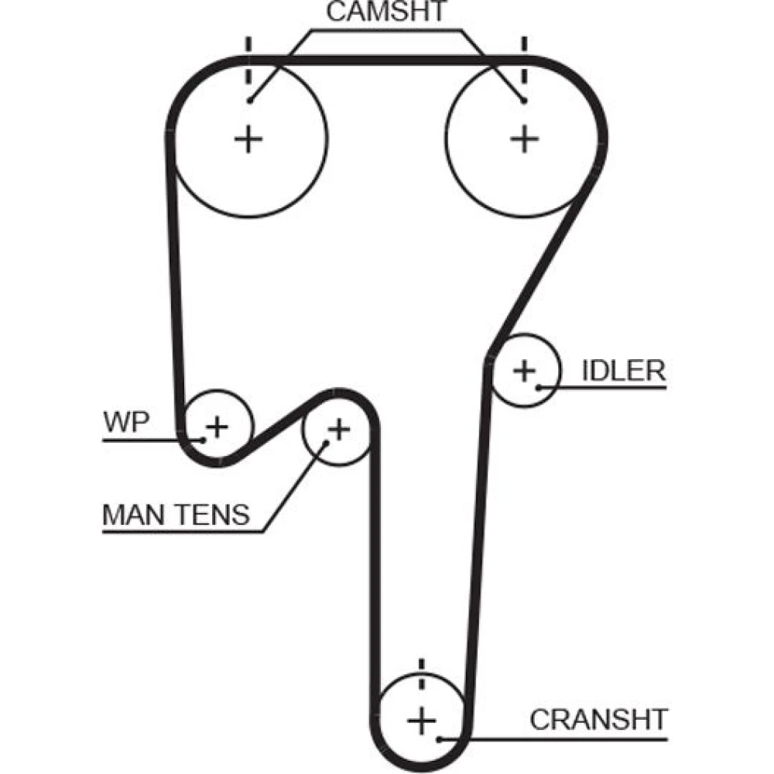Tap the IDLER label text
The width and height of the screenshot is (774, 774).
(x=623, y=370)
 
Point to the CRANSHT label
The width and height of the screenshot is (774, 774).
(x=598, y=719)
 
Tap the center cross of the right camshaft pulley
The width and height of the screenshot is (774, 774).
(x=524, y=139)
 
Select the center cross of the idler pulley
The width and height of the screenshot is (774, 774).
(x=525, y=370)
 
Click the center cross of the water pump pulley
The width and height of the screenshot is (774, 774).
(x=217, y=426)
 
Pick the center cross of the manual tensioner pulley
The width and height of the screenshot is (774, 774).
(x=338, y=427)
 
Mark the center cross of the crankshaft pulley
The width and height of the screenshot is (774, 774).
(x=422, y=721)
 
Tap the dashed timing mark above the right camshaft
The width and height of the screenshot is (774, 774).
(x=524, y=60)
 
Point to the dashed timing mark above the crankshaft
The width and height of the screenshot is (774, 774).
(x=422, y=675)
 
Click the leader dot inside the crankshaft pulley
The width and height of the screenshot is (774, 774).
(x=439, y=738)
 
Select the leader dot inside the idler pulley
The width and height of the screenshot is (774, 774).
(x=536, y=385)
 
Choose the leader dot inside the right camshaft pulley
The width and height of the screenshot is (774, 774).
(x=524, y=100)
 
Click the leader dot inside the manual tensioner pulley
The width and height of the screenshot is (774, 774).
(x=324, y=443)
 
